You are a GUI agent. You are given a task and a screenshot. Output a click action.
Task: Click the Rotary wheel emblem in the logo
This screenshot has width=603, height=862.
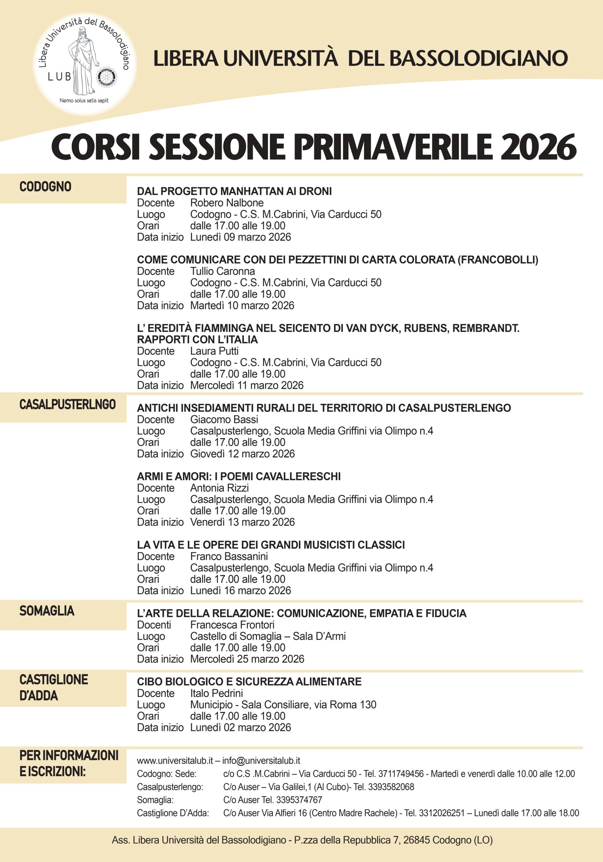[107, 77]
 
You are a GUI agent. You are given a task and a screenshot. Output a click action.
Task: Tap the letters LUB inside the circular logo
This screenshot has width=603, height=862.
[59, 77]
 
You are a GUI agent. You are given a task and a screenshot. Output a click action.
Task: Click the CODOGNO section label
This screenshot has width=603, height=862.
[45, 187]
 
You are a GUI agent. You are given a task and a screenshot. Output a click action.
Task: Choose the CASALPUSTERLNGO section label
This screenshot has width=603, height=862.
[68, 404]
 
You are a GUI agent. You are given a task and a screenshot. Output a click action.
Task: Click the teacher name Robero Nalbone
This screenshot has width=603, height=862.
[227, 203]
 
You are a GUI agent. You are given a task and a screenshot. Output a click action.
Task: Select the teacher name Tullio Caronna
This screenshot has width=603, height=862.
[222, 271]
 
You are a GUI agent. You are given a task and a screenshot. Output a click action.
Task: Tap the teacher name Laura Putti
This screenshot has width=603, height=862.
[214, 351]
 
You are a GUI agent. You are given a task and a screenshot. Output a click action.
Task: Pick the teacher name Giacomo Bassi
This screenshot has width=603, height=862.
[224, 419]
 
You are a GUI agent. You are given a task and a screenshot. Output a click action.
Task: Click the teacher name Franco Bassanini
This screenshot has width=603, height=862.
[229, 556]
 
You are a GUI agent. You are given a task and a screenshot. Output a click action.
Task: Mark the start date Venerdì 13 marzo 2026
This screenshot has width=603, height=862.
[242, 522]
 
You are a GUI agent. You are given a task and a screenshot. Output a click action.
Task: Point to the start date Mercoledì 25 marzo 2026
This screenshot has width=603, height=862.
[247, 659]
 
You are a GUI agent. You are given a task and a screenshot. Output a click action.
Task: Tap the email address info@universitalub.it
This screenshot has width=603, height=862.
[261, 761]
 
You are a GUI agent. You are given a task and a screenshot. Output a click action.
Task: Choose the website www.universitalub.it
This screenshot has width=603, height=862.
[175, 761]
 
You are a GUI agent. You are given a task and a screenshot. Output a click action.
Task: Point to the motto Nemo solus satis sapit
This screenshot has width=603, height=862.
[84, 101]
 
